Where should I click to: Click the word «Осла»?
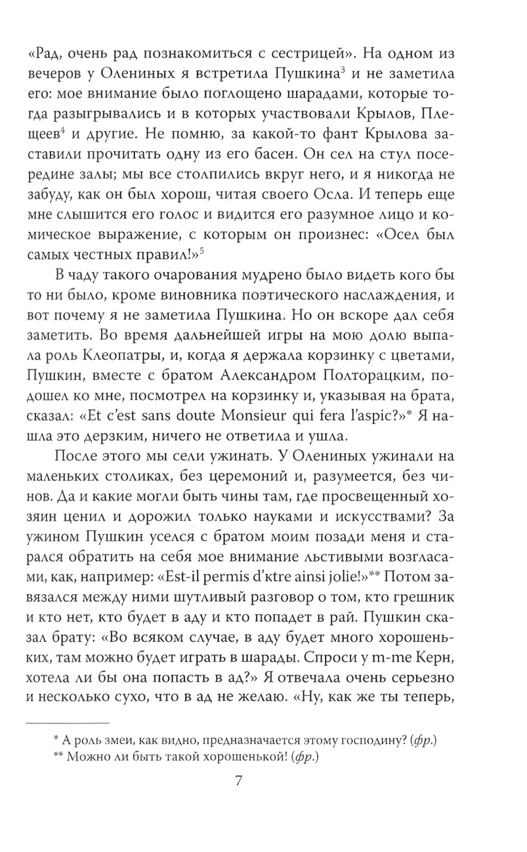(334, 194)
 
